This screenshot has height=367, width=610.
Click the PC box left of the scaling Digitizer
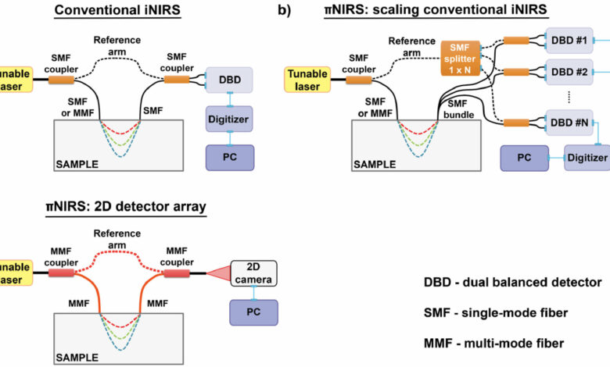click(x=525, y=158)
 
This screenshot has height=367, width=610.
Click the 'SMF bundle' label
click(x=458, y=109)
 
